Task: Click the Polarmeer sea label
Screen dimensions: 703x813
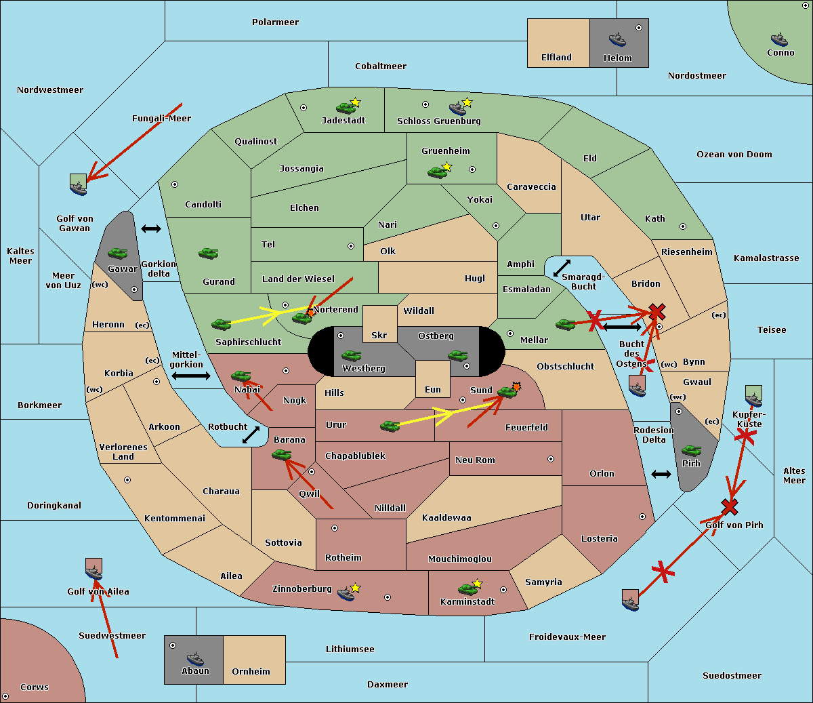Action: pos(275,22)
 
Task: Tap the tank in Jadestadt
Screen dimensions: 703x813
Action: pos(346,107)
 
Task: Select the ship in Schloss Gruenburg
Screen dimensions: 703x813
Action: pos(457,108)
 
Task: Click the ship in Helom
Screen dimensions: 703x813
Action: pos(617,39)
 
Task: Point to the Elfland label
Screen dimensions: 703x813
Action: pos(556,58)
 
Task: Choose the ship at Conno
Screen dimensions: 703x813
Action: pos(779,39)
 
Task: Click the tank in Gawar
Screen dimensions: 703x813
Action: pos(117,254)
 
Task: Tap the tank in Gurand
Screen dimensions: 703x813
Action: pos(209,254)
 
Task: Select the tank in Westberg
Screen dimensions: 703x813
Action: pos(351,355)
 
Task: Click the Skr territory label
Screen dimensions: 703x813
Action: pos(379,335)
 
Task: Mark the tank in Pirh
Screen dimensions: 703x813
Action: pos(691,450)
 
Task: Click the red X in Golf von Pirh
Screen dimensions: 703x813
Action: pos(730,506)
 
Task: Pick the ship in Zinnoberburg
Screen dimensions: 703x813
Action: pos(346,595)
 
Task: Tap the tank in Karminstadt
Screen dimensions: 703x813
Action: pos(467,589)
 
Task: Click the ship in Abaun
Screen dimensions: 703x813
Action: pos(195,658)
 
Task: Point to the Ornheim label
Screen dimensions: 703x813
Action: pos(251,672)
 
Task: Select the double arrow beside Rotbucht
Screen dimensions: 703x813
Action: pos(251,435)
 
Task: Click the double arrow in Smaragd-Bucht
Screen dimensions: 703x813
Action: pos(562,268)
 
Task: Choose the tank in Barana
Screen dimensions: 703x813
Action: pos(281,455)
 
